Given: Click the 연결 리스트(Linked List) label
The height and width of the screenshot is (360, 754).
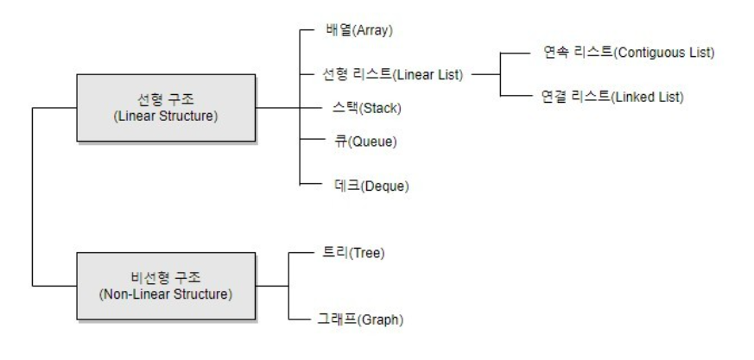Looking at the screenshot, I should (610, 97).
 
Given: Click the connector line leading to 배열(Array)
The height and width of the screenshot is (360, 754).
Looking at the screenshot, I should (308, 31).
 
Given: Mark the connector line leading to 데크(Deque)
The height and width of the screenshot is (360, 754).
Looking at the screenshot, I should (308, 185).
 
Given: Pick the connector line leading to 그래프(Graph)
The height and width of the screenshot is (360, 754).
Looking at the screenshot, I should (308, 319).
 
